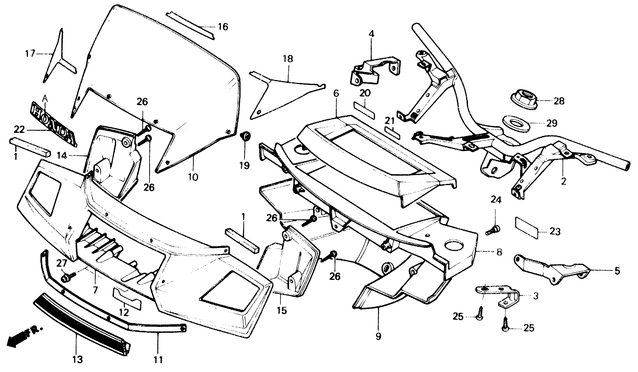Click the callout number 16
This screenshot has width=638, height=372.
(223, 26)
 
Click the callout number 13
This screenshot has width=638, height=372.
(78, 359)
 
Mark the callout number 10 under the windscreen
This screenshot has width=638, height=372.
(193, 177)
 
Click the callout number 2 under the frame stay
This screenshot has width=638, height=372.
(564, 181)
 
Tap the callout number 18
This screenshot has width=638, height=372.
(288, 59)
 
